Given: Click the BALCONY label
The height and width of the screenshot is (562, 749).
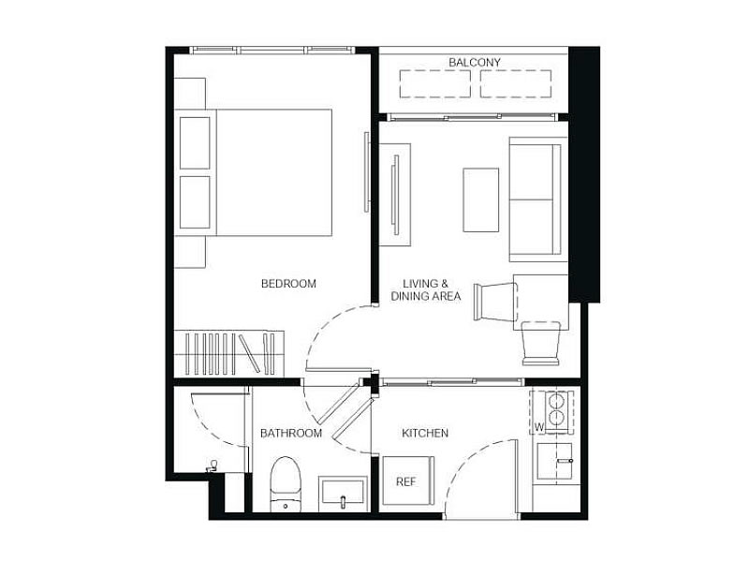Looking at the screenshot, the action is coord(475,62).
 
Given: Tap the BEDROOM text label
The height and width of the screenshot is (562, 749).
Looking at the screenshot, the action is coord(288,284).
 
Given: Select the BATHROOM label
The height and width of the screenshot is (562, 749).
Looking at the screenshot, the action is coord(291,433).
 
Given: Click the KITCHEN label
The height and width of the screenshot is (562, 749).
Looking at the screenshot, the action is coord(425,433).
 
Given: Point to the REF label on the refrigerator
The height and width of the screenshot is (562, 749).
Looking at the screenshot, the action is coord(405,481).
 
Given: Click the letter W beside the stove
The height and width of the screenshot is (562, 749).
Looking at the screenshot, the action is coord(539,427).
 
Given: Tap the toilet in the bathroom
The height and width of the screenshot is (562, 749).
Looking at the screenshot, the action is coord(286,484).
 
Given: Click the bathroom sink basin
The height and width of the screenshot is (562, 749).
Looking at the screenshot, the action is coord(344,493).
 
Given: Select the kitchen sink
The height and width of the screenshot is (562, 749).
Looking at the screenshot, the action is coord(554,461).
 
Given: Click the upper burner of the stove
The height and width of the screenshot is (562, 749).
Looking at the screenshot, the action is coord(555,399).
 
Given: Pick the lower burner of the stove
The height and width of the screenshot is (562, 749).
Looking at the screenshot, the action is coord(555,418).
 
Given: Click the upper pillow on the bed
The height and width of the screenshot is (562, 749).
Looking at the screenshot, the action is coord(195,143).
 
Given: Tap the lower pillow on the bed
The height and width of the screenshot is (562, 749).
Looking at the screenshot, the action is coord(195,202).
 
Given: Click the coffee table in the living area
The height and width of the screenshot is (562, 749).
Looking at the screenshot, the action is coord(481,200).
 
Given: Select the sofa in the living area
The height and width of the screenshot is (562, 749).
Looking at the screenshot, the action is coord(538,200).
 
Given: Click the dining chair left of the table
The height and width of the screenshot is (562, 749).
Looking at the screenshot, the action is coord(496,302).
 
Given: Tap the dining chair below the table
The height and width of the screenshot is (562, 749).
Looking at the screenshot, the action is coord(541,343).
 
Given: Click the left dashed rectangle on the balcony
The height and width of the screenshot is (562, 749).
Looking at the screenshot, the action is coord(434,84).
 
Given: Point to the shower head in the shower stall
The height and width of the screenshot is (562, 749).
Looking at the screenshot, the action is coord(213,466).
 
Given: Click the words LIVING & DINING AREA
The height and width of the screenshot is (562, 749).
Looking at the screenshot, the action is coord(426,289).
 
